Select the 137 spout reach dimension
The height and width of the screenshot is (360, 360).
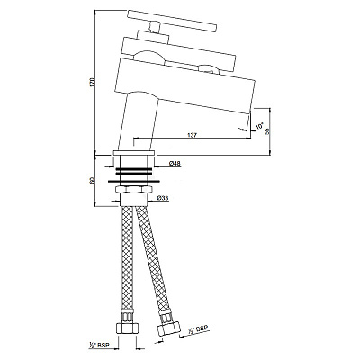[193, 134]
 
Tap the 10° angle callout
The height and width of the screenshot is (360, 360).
[259, 128]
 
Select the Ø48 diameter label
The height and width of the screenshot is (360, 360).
[175, 163]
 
